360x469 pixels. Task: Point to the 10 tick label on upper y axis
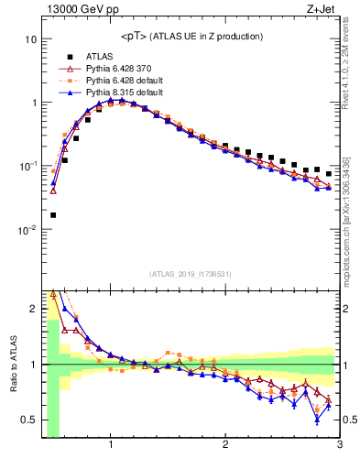(x=30, y=39)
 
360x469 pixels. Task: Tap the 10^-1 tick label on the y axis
(x=27, y=166)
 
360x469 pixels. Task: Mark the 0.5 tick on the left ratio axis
(x=29, y=420)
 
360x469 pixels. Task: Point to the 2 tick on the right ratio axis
(x=347, y=309)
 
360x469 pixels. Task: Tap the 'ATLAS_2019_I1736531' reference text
(x=191, y=274)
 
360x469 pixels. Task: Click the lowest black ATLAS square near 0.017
(x=53, y=215)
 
